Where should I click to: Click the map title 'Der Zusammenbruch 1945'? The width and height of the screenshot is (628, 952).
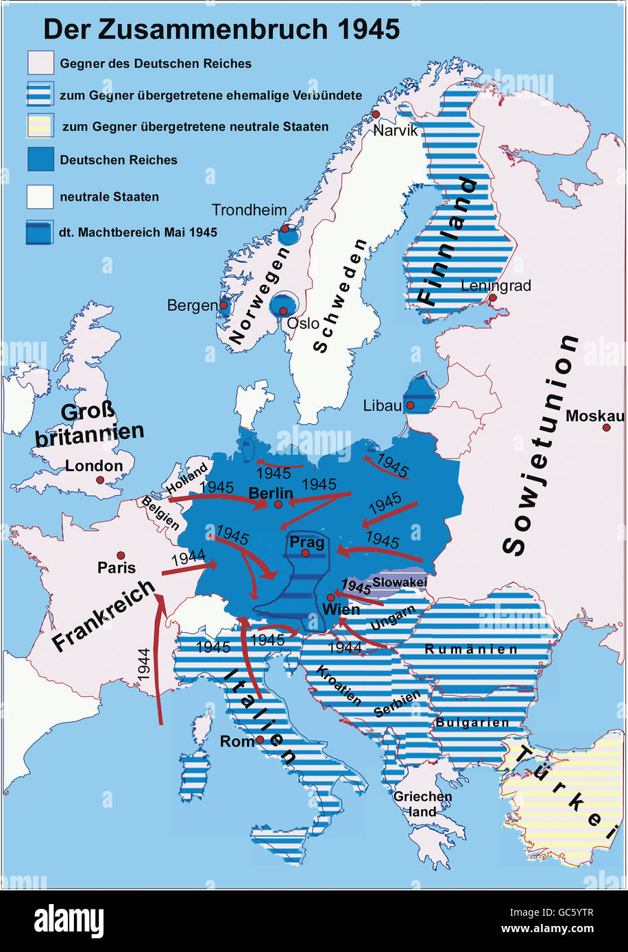click(221, 29)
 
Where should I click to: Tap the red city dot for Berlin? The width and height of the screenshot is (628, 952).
click(278, 505)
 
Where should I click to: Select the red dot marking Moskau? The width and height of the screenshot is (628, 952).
click(606, 427)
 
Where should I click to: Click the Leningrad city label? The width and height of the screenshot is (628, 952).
click(496, 286)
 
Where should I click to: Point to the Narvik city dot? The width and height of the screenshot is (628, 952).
click(376, 114)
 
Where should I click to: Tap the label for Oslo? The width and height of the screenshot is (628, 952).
click(302, 323)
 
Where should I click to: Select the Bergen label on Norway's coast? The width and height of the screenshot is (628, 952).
click(192, 305)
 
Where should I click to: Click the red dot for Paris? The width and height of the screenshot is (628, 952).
click(121, 555)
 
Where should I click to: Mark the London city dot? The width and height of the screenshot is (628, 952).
click(100, 480)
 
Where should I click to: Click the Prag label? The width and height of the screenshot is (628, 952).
click(306, 542)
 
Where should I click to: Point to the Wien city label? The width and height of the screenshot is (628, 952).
click(341, 609)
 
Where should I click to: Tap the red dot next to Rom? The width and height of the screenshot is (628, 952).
click(260, 740)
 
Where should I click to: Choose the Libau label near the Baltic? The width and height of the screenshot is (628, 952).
click(382, 405)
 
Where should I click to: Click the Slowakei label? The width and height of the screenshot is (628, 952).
click(399, 582)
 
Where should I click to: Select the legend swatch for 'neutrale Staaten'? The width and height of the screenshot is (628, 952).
click(40, 197)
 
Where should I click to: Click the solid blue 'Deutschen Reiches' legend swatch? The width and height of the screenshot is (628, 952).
click(40, 160)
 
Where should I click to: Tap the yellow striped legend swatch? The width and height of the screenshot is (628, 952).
click(40, 127)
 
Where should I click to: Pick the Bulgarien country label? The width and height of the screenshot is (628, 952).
click(472, 723)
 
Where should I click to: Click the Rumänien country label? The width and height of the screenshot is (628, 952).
click(470, 649)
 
